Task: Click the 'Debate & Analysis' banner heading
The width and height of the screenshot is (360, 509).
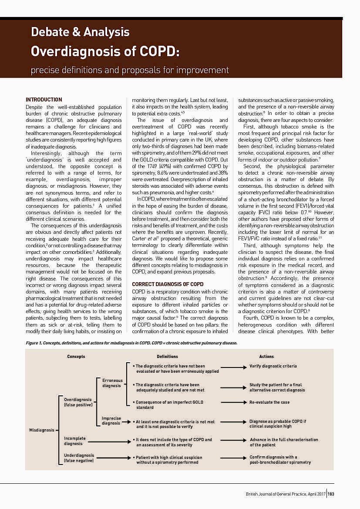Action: tap(80, 32)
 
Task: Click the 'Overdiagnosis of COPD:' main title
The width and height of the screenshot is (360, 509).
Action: tap(105, 51)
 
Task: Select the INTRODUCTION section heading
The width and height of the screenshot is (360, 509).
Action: tap(44, 100)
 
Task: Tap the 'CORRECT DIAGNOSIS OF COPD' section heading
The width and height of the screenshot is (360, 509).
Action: tap(168, 284)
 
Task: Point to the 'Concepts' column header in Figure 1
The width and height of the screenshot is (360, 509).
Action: tap(76, 357)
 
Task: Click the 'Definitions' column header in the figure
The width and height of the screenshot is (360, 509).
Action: tap(167, 357)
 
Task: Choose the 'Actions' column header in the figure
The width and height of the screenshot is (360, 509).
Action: tap(266, 357)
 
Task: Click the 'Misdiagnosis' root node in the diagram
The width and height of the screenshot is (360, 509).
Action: tap(41, 430)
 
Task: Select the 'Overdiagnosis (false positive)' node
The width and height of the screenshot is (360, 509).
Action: tap(78, 402)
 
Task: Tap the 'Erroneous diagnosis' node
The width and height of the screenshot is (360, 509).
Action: tap(112, 383)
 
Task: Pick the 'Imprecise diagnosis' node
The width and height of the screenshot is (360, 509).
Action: tap(111, 421)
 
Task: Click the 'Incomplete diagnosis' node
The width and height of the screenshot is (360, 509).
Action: tap(75, 441)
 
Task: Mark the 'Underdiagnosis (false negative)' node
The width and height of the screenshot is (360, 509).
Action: tap(79, 458)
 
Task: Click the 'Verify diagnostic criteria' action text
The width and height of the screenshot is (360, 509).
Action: tap(273, 366)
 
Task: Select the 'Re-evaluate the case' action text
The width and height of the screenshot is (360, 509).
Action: tap(269, 402)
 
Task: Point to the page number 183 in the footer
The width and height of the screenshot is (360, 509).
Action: tap(331, 494)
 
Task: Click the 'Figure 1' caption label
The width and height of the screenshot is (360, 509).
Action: tap(35, 343)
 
